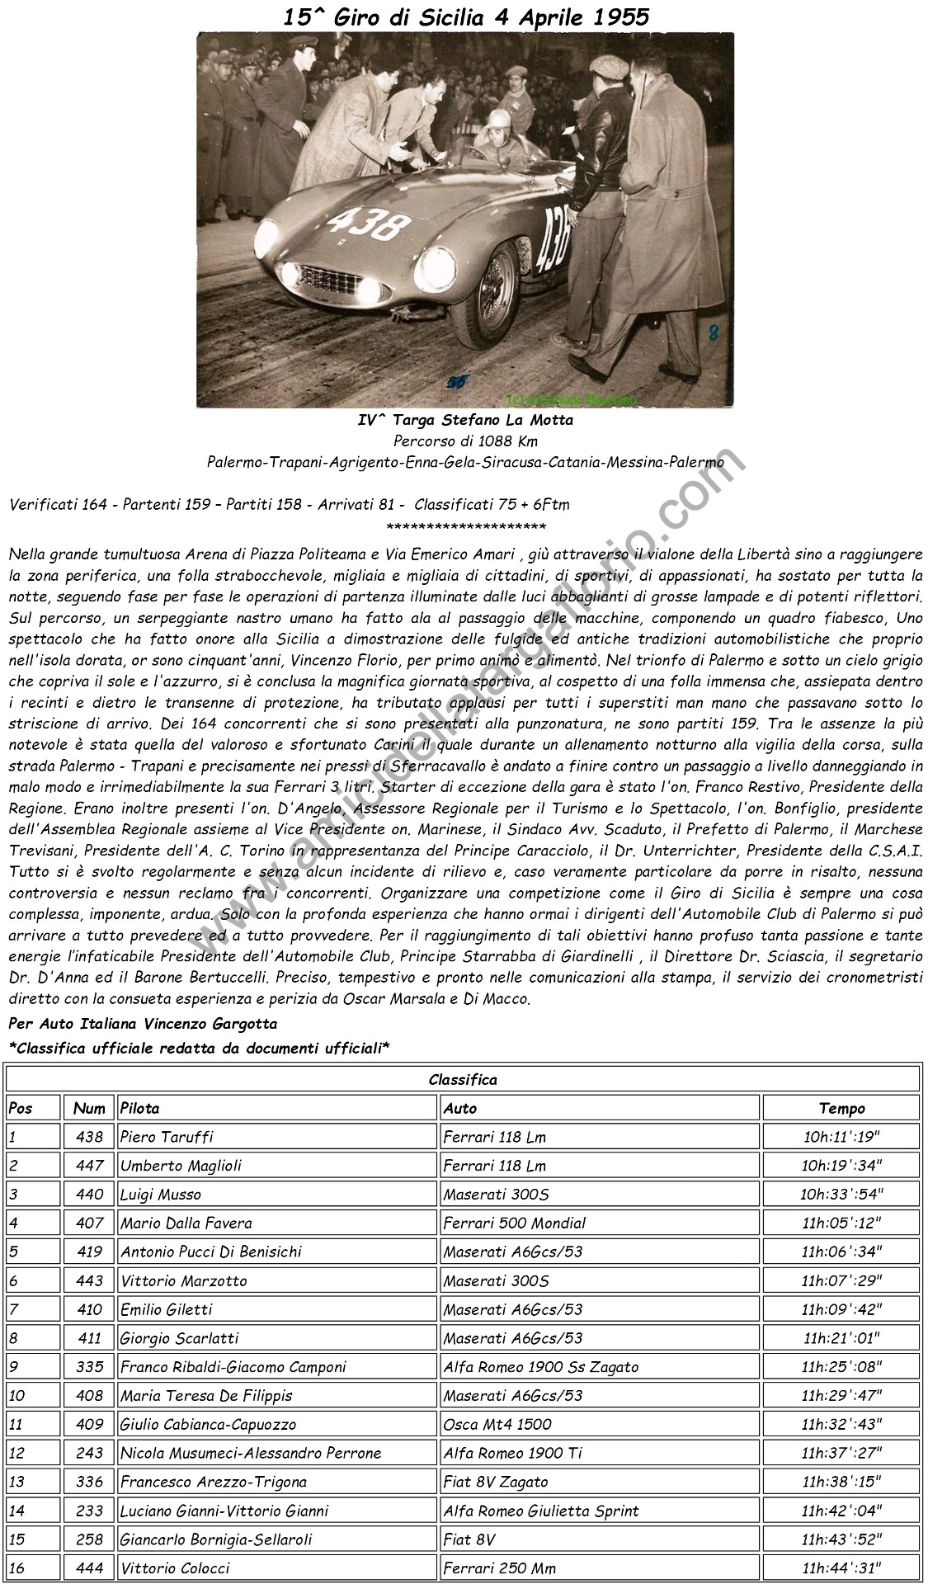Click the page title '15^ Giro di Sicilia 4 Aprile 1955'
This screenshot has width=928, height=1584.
[465, 17]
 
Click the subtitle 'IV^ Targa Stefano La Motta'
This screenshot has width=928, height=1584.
[465, 420]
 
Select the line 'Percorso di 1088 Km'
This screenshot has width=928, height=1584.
[465, 441]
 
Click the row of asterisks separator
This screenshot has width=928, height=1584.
[465, 526]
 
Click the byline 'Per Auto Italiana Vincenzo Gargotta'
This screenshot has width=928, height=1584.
[142, 1023]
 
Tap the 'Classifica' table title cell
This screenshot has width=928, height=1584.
[463, 1079]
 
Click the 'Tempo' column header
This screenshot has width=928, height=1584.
[841, 1108]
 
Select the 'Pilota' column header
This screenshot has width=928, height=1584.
[140, 1108]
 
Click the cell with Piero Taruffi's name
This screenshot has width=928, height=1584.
[167, 1137]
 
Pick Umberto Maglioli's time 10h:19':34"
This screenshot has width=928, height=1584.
[841, 1166]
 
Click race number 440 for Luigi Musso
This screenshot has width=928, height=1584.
[89, 1195]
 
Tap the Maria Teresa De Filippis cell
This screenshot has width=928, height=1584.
[206, 1396]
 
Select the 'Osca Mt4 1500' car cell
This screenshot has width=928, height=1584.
[497, 1425]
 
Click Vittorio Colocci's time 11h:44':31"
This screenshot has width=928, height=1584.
[841, 1568]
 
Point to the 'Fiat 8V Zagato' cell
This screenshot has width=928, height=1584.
[496, 1482]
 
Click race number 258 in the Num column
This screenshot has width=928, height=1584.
[89, 1539]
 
